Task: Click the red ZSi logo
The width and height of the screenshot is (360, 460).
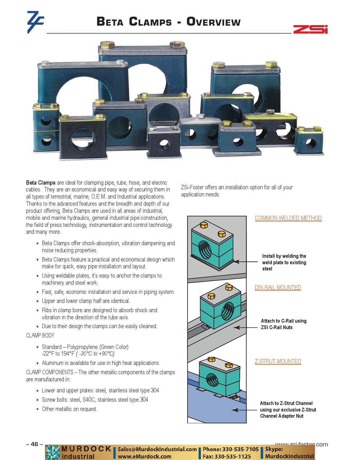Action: pyautogui.click(x=310, y=29)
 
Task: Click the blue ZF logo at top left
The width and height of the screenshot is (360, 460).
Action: pyautogui.click(x=35, y=22)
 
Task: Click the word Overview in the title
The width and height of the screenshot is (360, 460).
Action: pyautogui.click(x=213, y=22)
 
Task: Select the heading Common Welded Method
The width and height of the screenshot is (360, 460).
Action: pyautogui.click(x=288, y=218)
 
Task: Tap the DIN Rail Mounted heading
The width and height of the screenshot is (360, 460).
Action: pyautogui.click(x=277, y=287)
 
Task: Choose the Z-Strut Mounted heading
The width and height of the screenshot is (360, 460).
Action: pyautogui.click(x=277, y=361)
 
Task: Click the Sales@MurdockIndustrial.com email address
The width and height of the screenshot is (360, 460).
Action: pyautogui.click(x=157, y=449)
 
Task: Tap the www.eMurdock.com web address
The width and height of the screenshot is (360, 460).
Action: pyautogui.click(x=145, y=456)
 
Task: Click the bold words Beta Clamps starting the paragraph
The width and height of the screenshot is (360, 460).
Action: pyautogui.click(x=40, y=182)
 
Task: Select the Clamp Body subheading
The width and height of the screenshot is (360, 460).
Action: pyautogui.click(x=40, y=335)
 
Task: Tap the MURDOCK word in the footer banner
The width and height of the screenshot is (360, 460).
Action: pyautogui.click(x=86, y=449)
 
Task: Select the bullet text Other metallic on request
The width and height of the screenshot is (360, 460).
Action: pyautogui.click(x=70, y=409)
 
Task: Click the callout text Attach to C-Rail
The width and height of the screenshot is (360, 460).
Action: pyautogui.click(x=283, y=321)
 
